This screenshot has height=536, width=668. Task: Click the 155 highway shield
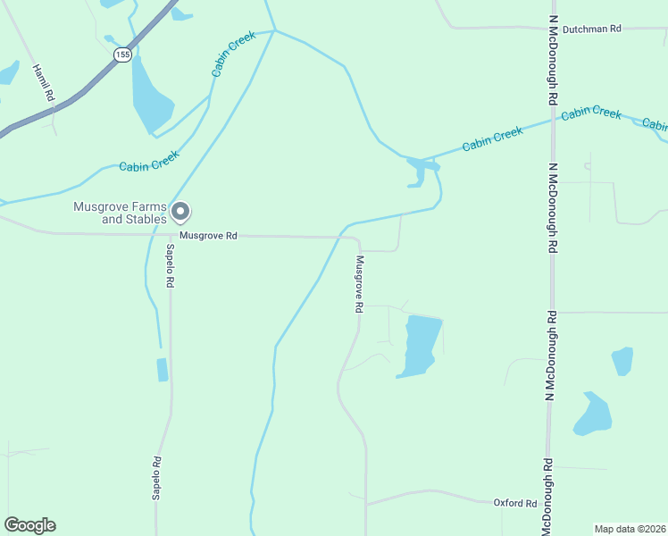click(x=122, y=54)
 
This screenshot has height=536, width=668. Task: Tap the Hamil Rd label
click(x=44, y=82)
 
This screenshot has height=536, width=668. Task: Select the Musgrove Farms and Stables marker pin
click(x=180, y=213)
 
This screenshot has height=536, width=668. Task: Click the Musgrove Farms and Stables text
click(x=121, y=213)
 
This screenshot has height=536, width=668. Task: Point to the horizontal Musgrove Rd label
click(x=207, y=236)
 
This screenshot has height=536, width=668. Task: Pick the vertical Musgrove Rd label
click(x=359, y=284)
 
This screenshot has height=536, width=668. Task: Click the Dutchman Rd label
click(x=591, y=29)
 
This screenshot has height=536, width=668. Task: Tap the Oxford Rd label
click(x=515, y=503)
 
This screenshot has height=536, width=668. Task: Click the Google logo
click(x=29, y=525)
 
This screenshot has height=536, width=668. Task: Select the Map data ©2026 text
click(x=630, y=528)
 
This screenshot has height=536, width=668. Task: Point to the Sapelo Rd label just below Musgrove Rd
click(x=169, y=265)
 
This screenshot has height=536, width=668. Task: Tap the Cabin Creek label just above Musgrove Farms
click(x=150, y=161)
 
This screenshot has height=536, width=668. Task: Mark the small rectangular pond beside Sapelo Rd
click(x=162, y=369)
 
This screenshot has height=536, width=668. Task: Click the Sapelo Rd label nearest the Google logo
click(x=156, y=478)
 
